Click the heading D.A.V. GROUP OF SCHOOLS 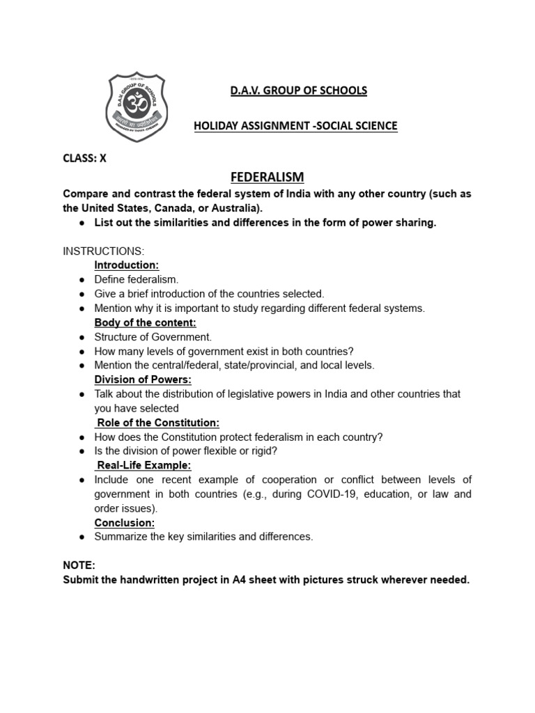289,91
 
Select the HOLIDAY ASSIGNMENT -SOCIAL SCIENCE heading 295,126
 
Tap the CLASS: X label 85,158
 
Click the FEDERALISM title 267,177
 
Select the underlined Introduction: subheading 127,265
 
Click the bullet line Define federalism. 137,279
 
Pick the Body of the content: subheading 145,322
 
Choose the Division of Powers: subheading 143,379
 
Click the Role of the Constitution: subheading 158,423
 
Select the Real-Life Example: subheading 144,465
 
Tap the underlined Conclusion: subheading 125,522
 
